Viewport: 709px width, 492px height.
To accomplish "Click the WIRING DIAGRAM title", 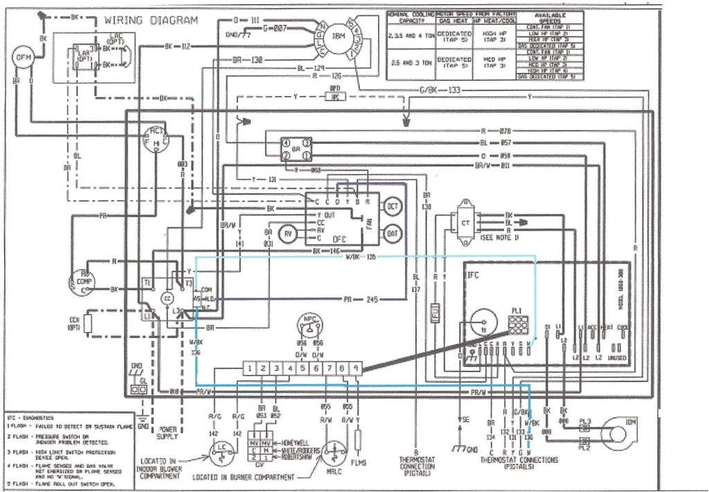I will (151, 20).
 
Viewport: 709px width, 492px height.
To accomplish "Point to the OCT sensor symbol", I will (392, 206).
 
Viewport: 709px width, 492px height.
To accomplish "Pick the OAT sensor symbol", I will (392, 234).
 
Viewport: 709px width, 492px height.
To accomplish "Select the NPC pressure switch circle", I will (309, 325).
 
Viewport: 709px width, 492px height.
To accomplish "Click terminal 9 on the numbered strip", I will (355, 369).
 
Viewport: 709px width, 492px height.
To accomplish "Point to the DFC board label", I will (339, 239).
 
